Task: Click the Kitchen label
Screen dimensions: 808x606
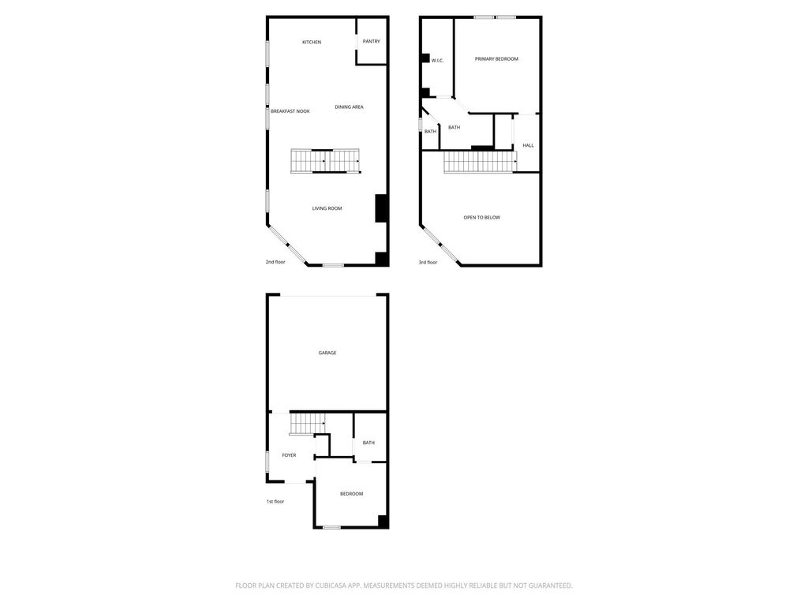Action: click(311, 43)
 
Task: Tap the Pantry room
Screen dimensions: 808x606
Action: click(372, 41)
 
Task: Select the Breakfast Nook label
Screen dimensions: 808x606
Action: click(290, 111)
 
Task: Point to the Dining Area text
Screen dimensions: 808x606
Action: click(349, 107)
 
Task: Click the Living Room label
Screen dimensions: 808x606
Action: click(327, 208)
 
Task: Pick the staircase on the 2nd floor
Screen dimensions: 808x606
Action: click(326, 161)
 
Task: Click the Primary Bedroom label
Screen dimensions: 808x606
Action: click(496, 59)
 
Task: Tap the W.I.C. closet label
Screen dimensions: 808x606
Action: click(437, 61)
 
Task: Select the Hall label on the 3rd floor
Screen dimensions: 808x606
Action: click(528, 146)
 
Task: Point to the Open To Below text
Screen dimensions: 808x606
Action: click(482, 218)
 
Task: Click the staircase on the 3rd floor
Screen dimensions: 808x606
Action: click(481, 162)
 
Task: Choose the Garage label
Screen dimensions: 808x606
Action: click(327, 353)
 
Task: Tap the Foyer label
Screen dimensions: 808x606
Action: click(289, 455)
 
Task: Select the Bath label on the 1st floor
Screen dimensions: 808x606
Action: click(368, 443)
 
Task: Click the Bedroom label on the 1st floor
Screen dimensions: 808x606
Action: click(351, 494)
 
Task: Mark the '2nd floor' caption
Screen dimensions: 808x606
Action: click(275, 262)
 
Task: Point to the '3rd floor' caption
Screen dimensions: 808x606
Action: click(428, 263)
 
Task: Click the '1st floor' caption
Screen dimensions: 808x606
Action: click(275, 502)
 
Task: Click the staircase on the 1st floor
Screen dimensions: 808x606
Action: click(307, 424)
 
